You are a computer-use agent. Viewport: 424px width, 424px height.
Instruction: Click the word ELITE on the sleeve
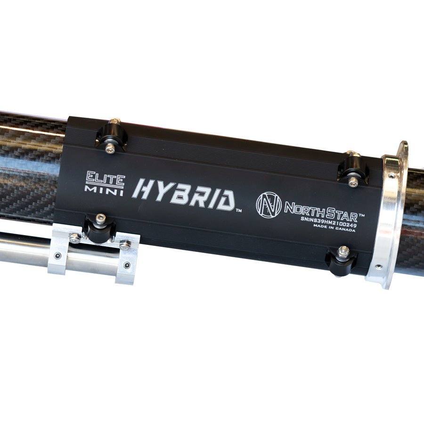tap(105, 179)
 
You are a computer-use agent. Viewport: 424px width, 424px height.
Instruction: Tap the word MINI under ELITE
tap(104, 190)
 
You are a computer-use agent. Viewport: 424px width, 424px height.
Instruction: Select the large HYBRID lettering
tap(183, 194)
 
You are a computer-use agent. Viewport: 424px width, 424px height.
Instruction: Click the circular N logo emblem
tap(269, 205)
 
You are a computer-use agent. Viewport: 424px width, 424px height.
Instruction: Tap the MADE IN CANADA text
tap(334, 228)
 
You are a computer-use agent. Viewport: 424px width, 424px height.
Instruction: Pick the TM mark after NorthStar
tap(361, 215)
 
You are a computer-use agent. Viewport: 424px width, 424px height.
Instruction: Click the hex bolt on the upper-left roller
tap(109, 147)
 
